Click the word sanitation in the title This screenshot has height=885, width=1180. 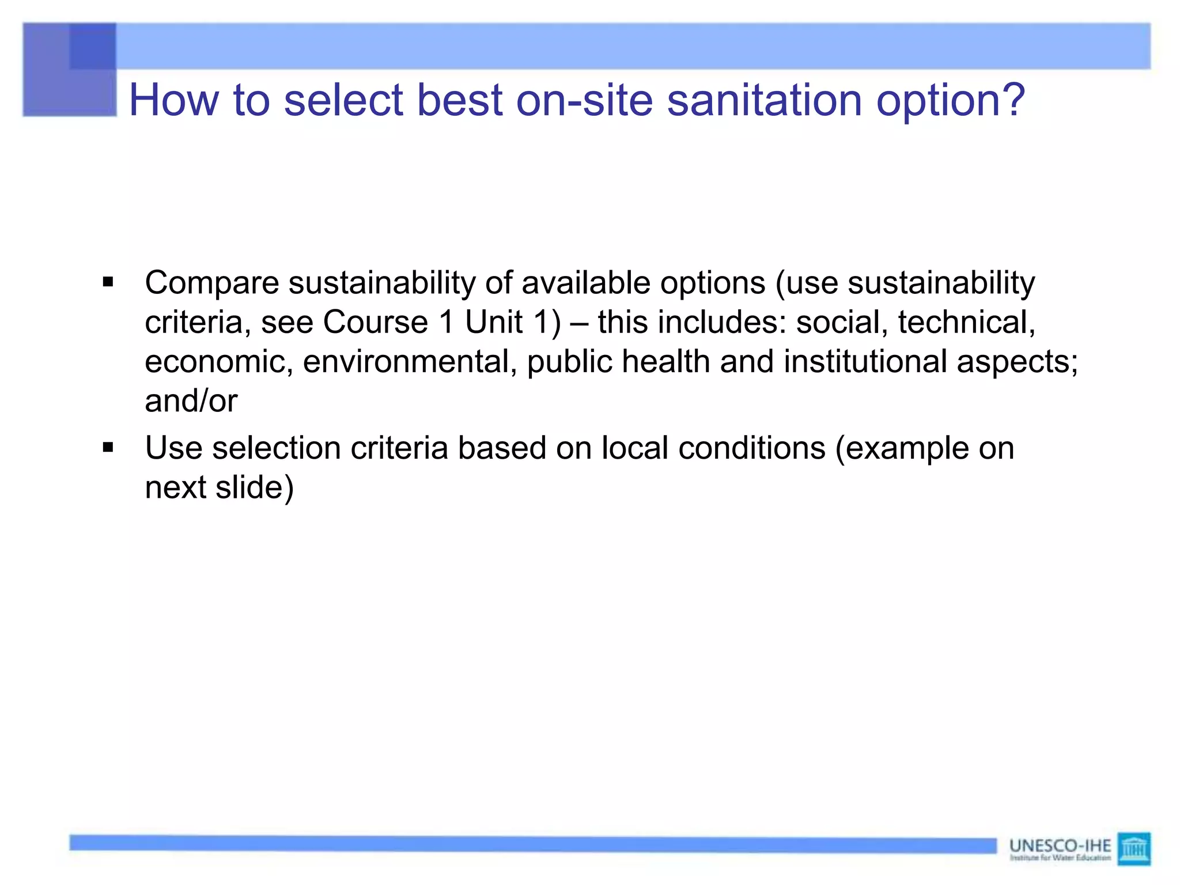click(x=764, y=100)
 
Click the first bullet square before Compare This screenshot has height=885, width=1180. click(x=108, y=282)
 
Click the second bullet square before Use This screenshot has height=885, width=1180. click(x=108, y=447)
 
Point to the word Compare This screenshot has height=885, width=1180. click(x=211, y=283)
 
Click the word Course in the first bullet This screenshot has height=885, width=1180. click(x=375, y=322)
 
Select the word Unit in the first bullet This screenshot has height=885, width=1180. click(x=494, y=322)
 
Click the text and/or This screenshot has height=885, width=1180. click(x=191, y=401)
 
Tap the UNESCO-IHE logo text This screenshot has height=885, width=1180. click(x=1060, y=846)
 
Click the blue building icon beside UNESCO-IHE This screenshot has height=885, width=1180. click(x=1133, y=848)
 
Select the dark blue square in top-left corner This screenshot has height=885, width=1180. click(x=92, y=46)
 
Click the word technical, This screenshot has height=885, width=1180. click(x=966, y=322)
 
